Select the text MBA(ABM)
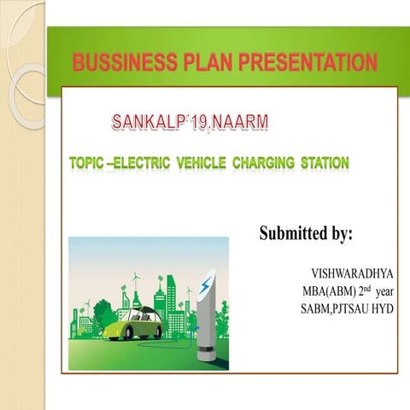pyautogui.click(x=325, y=292)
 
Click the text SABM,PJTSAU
pyautogui.click(x=331, y=307)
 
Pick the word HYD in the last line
pyautogui.click(x=381, y=307)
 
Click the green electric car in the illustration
pyautogui.click(x=138, y=325)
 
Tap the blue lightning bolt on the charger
pyautogui.click(x=204, y=287)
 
